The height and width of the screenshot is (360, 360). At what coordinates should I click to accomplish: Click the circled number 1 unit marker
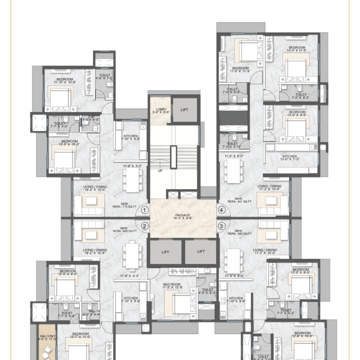pos(145,210)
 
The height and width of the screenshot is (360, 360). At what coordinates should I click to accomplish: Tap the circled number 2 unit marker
pos(145,226)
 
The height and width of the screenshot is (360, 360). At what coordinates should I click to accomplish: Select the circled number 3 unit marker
pos(222,226)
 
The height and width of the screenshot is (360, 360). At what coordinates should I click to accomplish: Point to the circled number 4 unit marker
pos(222,210)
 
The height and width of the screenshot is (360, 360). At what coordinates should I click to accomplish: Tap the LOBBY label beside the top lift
pos(160,110)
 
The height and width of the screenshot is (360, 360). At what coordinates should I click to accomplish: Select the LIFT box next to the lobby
pos(185,110)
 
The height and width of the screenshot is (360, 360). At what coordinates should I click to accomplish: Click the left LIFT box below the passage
pos(166,252)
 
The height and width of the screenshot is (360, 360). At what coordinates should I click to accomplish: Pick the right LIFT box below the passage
pos(201,252)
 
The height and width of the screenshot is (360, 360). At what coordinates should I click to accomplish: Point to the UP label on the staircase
pos(160,171)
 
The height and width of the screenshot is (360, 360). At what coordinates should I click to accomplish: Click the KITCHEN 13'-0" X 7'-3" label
pos(289,158)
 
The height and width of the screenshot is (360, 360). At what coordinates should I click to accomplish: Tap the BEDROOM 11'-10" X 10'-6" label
pos(65,81)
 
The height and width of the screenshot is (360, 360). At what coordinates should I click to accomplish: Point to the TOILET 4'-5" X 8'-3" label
pos(206,290)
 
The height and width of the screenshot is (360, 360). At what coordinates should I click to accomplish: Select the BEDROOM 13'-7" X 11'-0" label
pos(80,336)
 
